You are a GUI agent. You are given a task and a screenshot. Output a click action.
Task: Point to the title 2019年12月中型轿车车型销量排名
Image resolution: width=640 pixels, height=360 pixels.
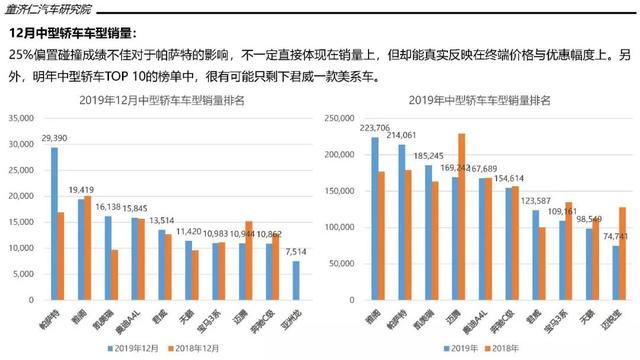click(165, 101)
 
